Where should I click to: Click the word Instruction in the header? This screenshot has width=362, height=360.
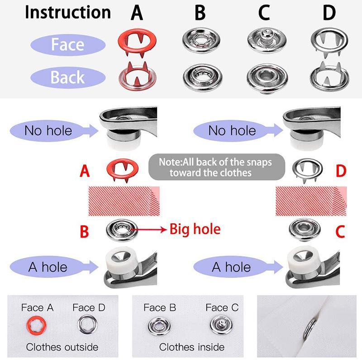click(67, 12)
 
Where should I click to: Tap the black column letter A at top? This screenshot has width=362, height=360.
click(137, 13)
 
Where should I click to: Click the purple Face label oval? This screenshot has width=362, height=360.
click(68, 45)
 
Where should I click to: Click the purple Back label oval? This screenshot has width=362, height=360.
click(68, 77)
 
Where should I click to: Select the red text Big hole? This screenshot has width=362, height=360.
click(195, 229)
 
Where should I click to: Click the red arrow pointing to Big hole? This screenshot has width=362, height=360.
click(149, 230)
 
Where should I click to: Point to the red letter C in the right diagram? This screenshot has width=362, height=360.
click(341, 232)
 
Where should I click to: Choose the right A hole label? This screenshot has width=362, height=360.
click(231, 267)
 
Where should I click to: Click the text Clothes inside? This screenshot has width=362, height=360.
click(192, 347)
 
